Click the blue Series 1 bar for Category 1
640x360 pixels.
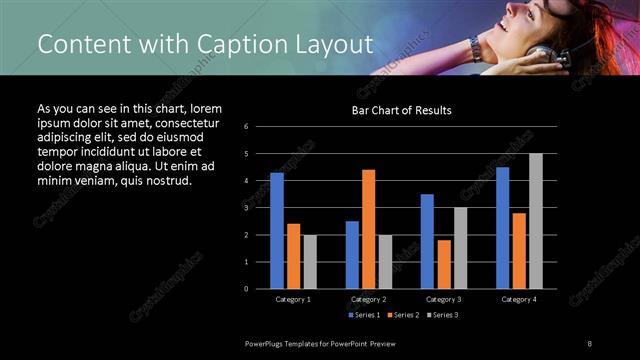277,230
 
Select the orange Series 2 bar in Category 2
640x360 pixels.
369,229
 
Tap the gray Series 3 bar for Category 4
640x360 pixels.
536,220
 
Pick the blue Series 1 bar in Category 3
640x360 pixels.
427,241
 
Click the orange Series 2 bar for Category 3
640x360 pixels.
444,264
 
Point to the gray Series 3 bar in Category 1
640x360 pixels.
310,261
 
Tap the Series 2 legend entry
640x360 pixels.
404,315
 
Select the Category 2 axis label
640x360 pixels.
368,299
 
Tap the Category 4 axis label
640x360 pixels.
519,299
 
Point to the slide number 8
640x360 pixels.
590,343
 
